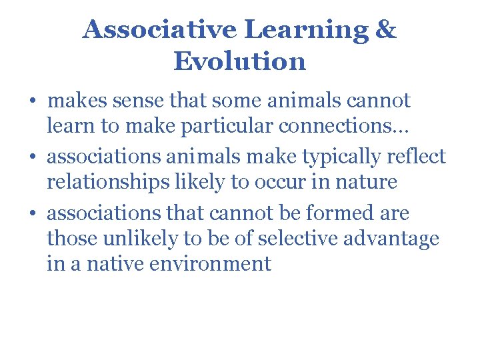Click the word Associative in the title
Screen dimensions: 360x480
pyautogui.click(x=160, y=30)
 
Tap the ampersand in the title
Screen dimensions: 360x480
pyautogui.click(x=385, y=30)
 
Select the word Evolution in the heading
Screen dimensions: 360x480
pyautogui.click(x=240, y=61)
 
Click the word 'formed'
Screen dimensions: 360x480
pyautogui.click(x=335, y=213)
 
